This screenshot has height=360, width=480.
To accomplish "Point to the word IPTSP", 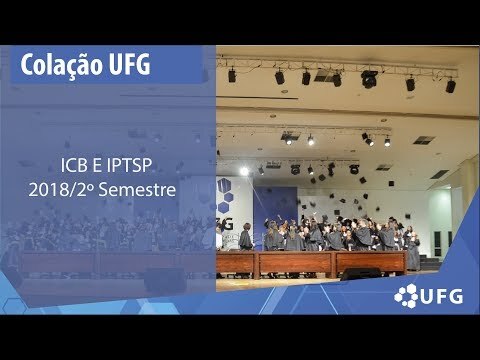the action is pyautogui.click(x=129, y=166).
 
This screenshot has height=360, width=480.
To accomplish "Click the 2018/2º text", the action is pyautogui.click(x=61, y=190).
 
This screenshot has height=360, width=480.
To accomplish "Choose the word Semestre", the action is pyautogui.click(x=137, y=190).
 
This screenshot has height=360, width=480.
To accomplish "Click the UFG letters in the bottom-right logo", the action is pyautogui.click(x=442, y=296).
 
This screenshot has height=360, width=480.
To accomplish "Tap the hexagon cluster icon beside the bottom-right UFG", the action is pyautogui.click(x=406, y=296).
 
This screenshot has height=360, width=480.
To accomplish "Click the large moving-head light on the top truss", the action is pyautogui.click(x=369, y=79).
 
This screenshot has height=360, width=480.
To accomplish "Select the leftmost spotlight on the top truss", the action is pyautogui.click(x=232, y=75).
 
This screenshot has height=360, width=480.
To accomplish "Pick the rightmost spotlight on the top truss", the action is pyautogui.click(x=450, y=86).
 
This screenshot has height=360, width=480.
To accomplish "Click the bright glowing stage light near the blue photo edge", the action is pyautogui.click(x=244, y=171).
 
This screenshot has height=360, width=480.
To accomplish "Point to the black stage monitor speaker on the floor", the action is pyautogui.click(x=360, y=273).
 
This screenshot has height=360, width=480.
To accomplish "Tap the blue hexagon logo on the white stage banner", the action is pyautogui.click(x=225, y=196).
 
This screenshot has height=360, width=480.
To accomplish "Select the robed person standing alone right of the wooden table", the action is pyautogui.click(x=413, y=253).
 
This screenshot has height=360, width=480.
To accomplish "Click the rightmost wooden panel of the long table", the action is pyautogui.click(x=371, y=263).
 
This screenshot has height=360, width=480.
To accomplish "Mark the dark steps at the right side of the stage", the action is pyautogui.click(x=430, y=262).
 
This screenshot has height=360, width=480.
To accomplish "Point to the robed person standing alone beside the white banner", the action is pyautogui.click(x=246, y=237).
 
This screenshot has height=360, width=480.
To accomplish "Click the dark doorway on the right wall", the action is pyautogui.click(x=437, y=244).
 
